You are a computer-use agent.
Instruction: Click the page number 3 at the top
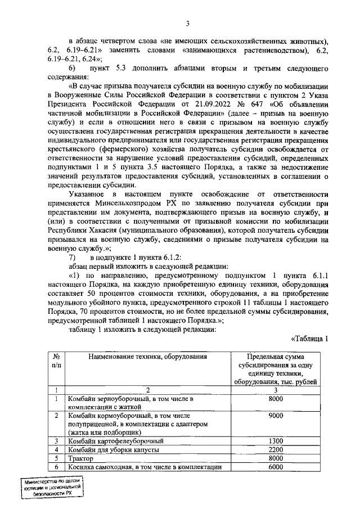188,23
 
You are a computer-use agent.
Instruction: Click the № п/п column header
56,361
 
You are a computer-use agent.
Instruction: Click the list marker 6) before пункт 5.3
72,68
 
